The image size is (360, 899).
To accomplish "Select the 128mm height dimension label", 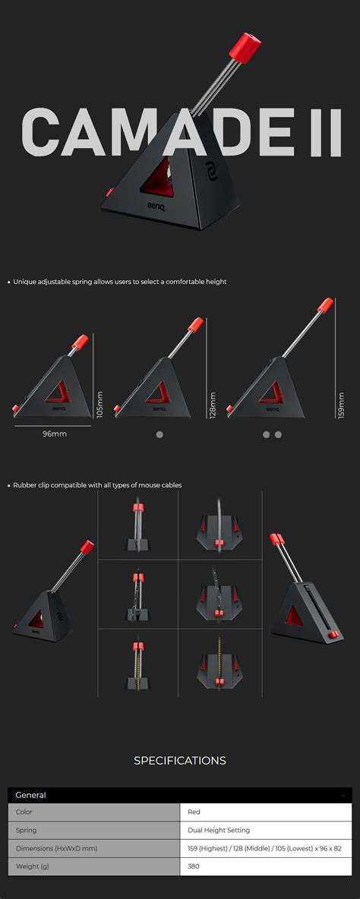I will (213, 405).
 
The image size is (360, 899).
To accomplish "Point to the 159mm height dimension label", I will (341, 405).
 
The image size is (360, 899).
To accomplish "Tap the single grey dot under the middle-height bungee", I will (159, 434).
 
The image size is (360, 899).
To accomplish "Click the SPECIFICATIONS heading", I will (180, 760).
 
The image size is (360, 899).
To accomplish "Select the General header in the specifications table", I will (31, 795).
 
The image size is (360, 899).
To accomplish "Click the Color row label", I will (24, 812).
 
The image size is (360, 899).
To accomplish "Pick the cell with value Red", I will (194, 812).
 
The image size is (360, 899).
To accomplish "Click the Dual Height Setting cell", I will (219, 830).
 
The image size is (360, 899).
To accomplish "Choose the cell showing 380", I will (194, 866).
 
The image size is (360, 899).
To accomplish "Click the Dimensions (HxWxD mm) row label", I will (56, 847).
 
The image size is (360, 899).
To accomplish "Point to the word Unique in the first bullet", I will (24, 282).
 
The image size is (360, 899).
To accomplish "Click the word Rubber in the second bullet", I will (25, 484).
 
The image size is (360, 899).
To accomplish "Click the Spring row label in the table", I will (26, 830).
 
